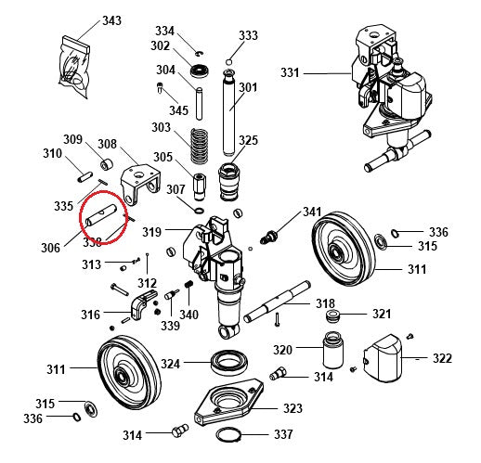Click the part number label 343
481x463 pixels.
coord(111,19)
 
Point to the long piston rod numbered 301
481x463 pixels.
coord(229,110)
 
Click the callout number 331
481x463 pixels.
coord(291,72)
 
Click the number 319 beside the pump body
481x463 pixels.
coord(151,231)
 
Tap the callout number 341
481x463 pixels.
coord(312,212)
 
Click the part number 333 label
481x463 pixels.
coord(248,35)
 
